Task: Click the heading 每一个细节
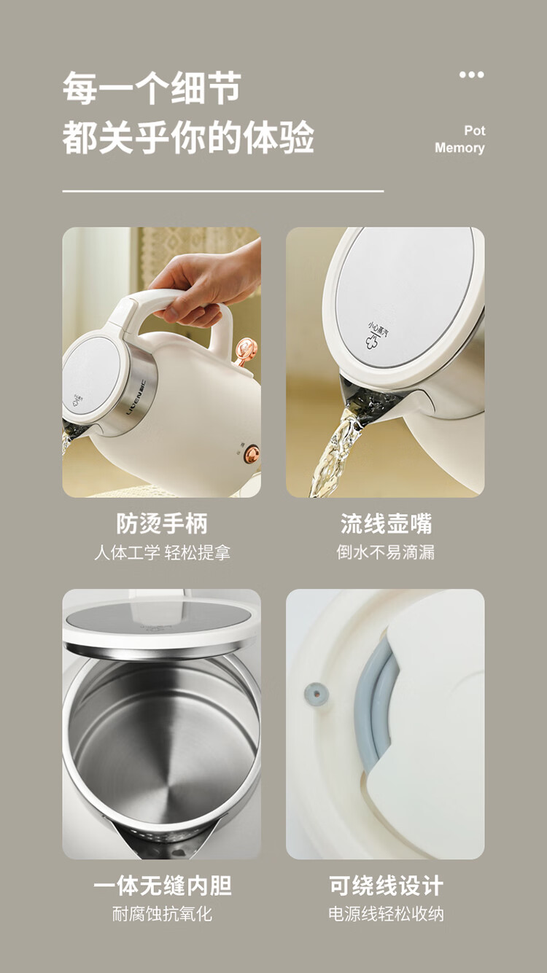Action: click(152, 88)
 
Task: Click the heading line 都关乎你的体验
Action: click(188, 137)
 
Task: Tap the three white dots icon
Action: click(472, 75)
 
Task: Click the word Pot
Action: click(474, 130)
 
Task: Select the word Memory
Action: click(459, 148)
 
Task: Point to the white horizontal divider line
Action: click(223, 191)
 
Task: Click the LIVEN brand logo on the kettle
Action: click(136, 397)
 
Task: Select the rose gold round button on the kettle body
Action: click(252, 453)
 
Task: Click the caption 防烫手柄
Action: click(162, 523)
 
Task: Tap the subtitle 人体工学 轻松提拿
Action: click(162, 553)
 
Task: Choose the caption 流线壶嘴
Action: click(386, 523)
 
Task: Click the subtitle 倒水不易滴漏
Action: click(385, 552)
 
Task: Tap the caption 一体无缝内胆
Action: click(162, 886)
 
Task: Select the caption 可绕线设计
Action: click(386, 886)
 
